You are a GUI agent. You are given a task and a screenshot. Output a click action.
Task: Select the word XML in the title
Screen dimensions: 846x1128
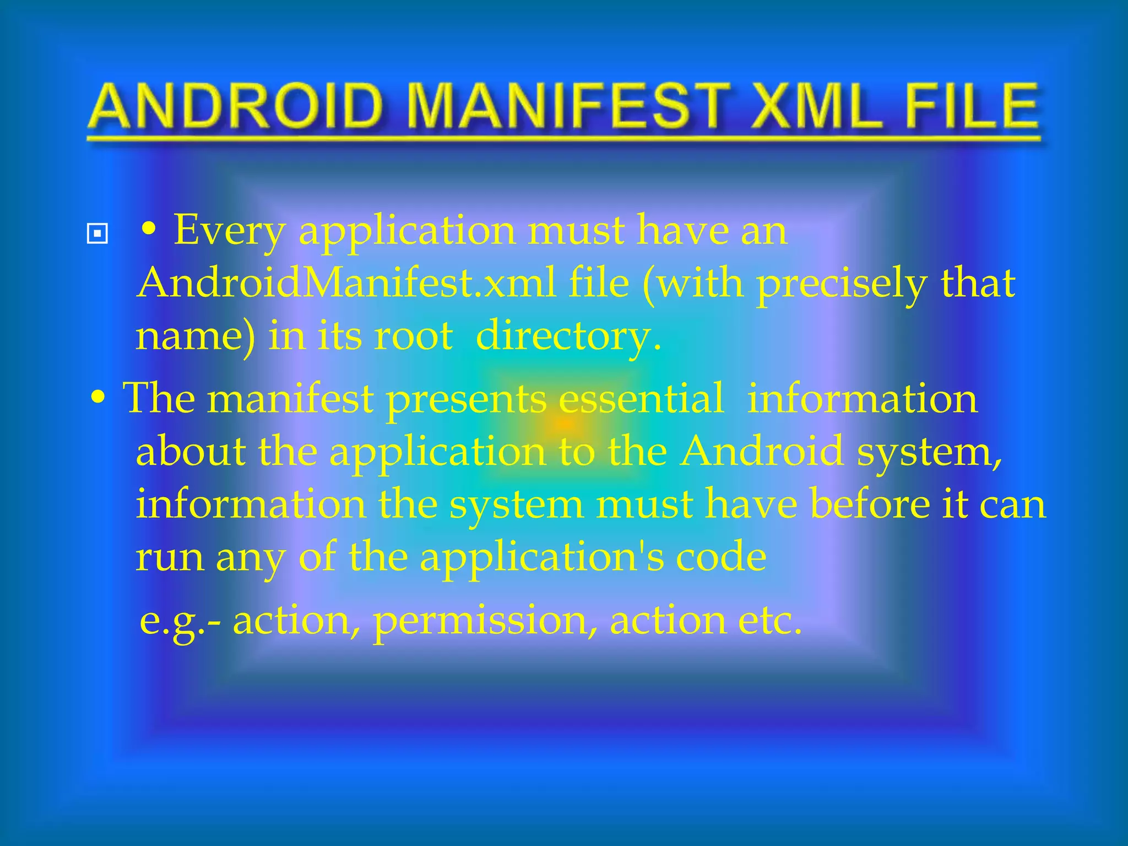(816, 106)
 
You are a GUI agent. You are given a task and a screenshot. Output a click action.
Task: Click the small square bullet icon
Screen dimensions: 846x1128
(97, 234)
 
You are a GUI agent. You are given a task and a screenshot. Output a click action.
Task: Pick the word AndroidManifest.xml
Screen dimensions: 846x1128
(346, 283)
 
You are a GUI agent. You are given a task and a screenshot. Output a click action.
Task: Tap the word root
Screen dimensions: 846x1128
(413, 336)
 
